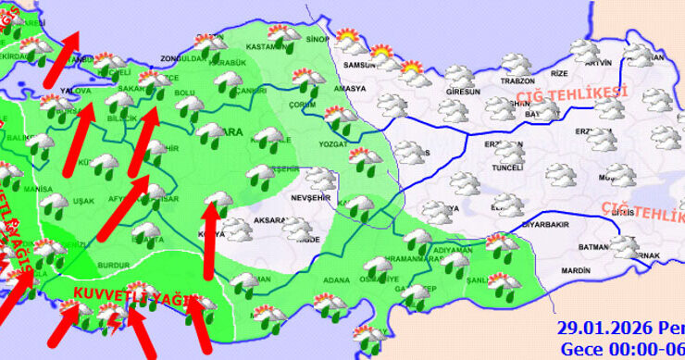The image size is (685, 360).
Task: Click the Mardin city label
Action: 576,270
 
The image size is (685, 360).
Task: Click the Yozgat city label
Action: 331,146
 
